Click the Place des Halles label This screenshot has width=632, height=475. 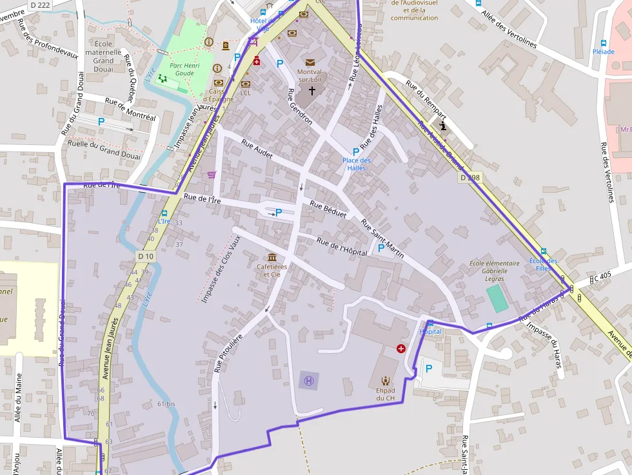[x=357, y=164]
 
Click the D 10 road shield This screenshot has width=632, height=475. [x=146, y=257]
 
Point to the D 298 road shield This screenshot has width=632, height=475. [x=471, y=177]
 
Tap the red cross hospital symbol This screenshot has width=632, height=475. [x=401, y=349]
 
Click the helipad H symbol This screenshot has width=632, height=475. [x=309, y=381]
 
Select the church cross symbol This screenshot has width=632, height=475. [x=313, y=91]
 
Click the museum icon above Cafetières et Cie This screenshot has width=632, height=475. [x=272, y=257]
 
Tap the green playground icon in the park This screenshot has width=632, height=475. [x=162, y=79]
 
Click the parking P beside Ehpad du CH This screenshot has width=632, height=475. [x=428, y=369]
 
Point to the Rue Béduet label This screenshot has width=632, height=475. [x=328, y=209]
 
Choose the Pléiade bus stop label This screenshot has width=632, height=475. [x=603, y=51]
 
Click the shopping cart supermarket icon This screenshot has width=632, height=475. [x=212, y=174]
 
